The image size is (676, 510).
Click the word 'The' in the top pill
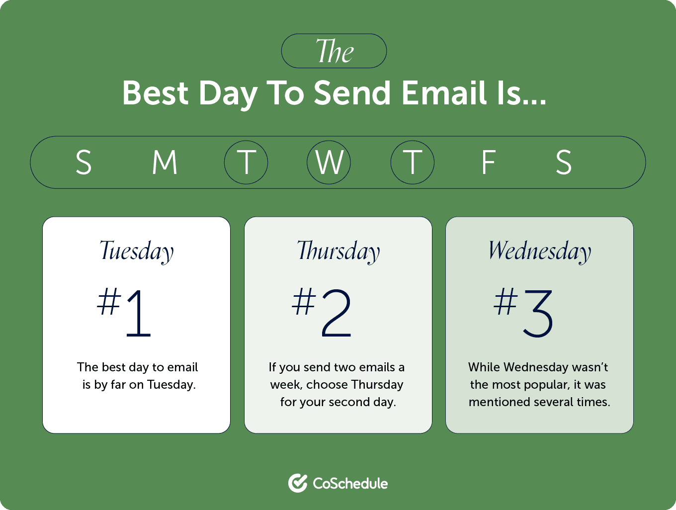pyautogui.click(x=335, y=51)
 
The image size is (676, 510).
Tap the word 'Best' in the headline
pyautogui.click(x=156, y=93)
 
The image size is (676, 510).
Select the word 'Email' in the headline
pyautogui.click(x=444, y=92)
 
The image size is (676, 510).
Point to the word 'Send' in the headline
pyautogui.click(x=352, y=93)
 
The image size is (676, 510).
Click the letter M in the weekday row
pyautogui.click(x=165, y=162)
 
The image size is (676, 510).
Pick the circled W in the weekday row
pyautogui.click(x=329, y=163)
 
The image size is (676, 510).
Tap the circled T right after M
pyautogui.click(x=246, y=163)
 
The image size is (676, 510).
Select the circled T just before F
pyautogui.click(x=413, y=163)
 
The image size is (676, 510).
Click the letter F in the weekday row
pyautogui.click(x=489, y=162)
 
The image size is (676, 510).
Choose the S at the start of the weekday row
pyautogui.click(x=84, y=163)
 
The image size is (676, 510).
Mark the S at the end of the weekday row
pyautogui.click(x=564, y=163)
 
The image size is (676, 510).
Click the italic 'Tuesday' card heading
pyautogui.click(x=136, y=252)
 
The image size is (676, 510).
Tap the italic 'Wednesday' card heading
pyautogui.click(x=540, y=252)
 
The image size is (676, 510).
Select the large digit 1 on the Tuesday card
pyautogui.click(x=139, y=314)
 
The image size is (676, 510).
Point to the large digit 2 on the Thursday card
pyautogui.click(x=337, y=313)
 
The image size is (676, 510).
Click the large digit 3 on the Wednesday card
pyautogui.click(x=538, y=314)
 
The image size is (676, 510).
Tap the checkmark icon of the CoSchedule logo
pyautogui.click(x=298, y=483)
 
